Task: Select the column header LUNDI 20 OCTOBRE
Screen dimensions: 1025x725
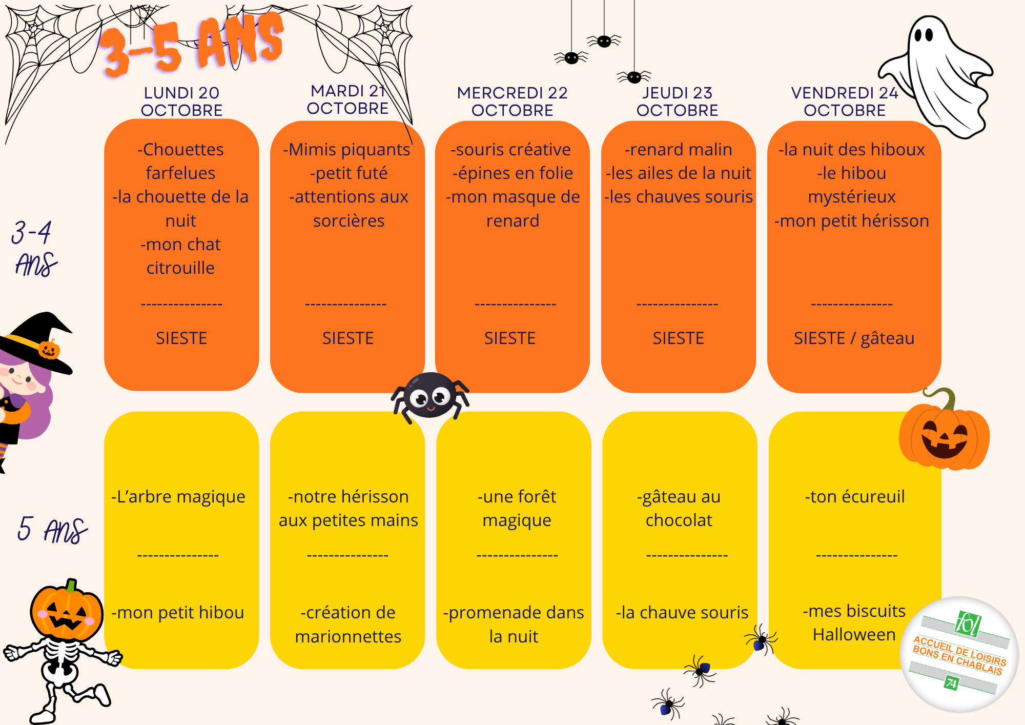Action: [181, 102]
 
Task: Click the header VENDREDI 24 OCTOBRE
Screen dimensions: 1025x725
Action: [845, 102]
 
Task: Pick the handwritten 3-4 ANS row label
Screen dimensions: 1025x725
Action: [34, 248]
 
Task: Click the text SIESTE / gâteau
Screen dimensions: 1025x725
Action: [854, 338]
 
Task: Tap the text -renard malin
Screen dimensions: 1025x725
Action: [678, 150]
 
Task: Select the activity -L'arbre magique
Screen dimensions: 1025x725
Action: [178, 497]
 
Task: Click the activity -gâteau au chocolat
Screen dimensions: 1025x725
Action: [679, 508]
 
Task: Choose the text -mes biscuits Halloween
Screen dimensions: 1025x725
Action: [854, 622]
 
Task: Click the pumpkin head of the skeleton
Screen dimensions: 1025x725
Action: [66, 610]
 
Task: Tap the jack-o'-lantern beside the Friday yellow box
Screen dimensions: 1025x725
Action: [944, 431]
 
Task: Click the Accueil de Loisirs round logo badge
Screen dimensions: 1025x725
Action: [959, 654]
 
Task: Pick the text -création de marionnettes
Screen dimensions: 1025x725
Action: [348, 625]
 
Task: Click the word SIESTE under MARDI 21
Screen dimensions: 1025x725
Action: [348, 338]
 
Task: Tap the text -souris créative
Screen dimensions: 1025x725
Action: [511, 150]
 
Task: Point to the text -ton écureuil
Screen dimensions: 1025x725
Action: [855, 497]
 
